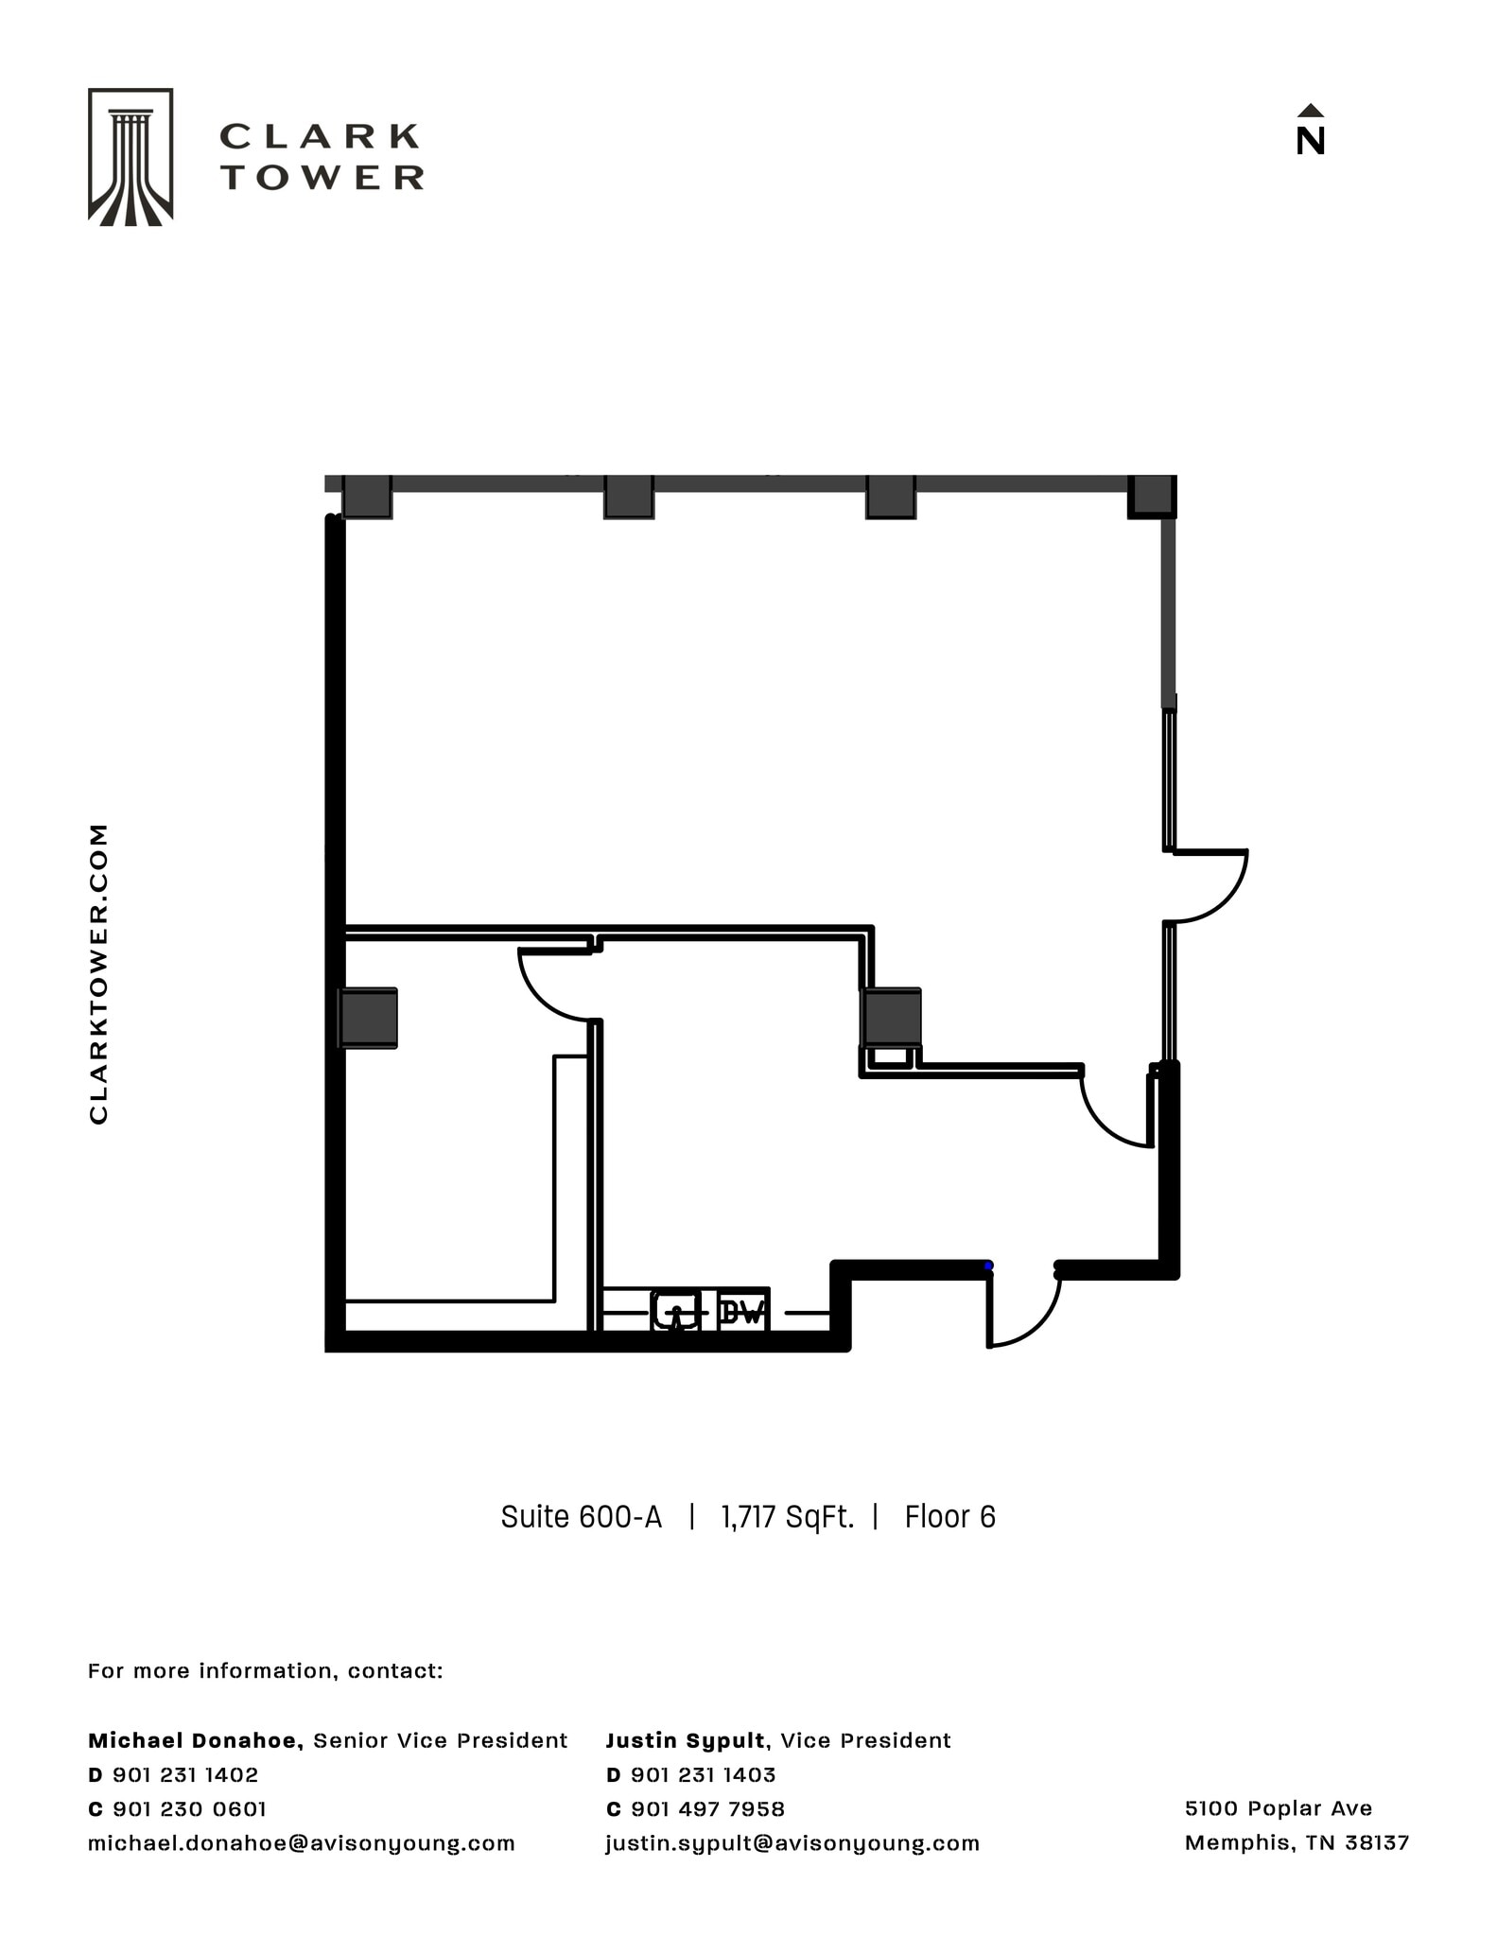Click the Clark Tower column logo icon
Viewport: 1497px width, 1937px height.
click(131, 157)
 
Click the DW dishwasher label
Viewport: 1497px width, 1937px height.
click(741, 1312)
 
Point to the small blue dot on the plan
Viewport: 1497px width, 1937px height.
click(988, 1265)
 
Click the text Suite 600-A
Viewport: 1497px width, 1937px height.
click(581, 1517)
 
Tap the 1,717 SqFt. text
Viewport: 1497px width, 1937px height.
click(787, 1517)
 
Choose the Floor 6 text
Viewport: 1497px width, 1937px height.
click(949, 1517)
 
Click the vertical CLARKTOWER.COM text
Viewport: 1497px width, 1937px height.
click(98, 973)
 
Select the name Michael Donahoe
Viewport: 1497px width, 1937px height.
click(195, 1740)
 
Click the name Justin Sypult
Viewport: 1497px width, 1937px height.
click(685, 1740)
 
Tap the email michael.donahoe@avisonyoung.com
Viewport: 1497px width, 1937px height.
click(301, 1842)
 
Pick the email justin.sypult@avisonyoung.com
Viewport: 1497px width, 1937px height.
click(792, 1842)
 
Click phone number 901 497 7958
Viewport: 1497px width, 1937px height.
click(707, 1808)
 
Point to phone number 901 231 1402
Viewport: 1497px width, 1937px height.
click(185, 1774)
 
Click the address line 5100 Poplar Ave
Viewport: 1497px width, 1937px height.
click(1278, 1807)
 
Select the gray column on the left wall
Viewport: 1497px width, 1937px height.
click(368, 1018)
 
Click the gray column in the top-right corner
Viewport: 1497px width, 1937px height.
click(1152, 496)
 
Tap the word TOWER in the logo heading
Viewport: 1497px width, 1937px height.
click(322, 177)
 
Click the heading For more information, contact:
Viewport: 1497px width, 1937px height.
click(265, 1670)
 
